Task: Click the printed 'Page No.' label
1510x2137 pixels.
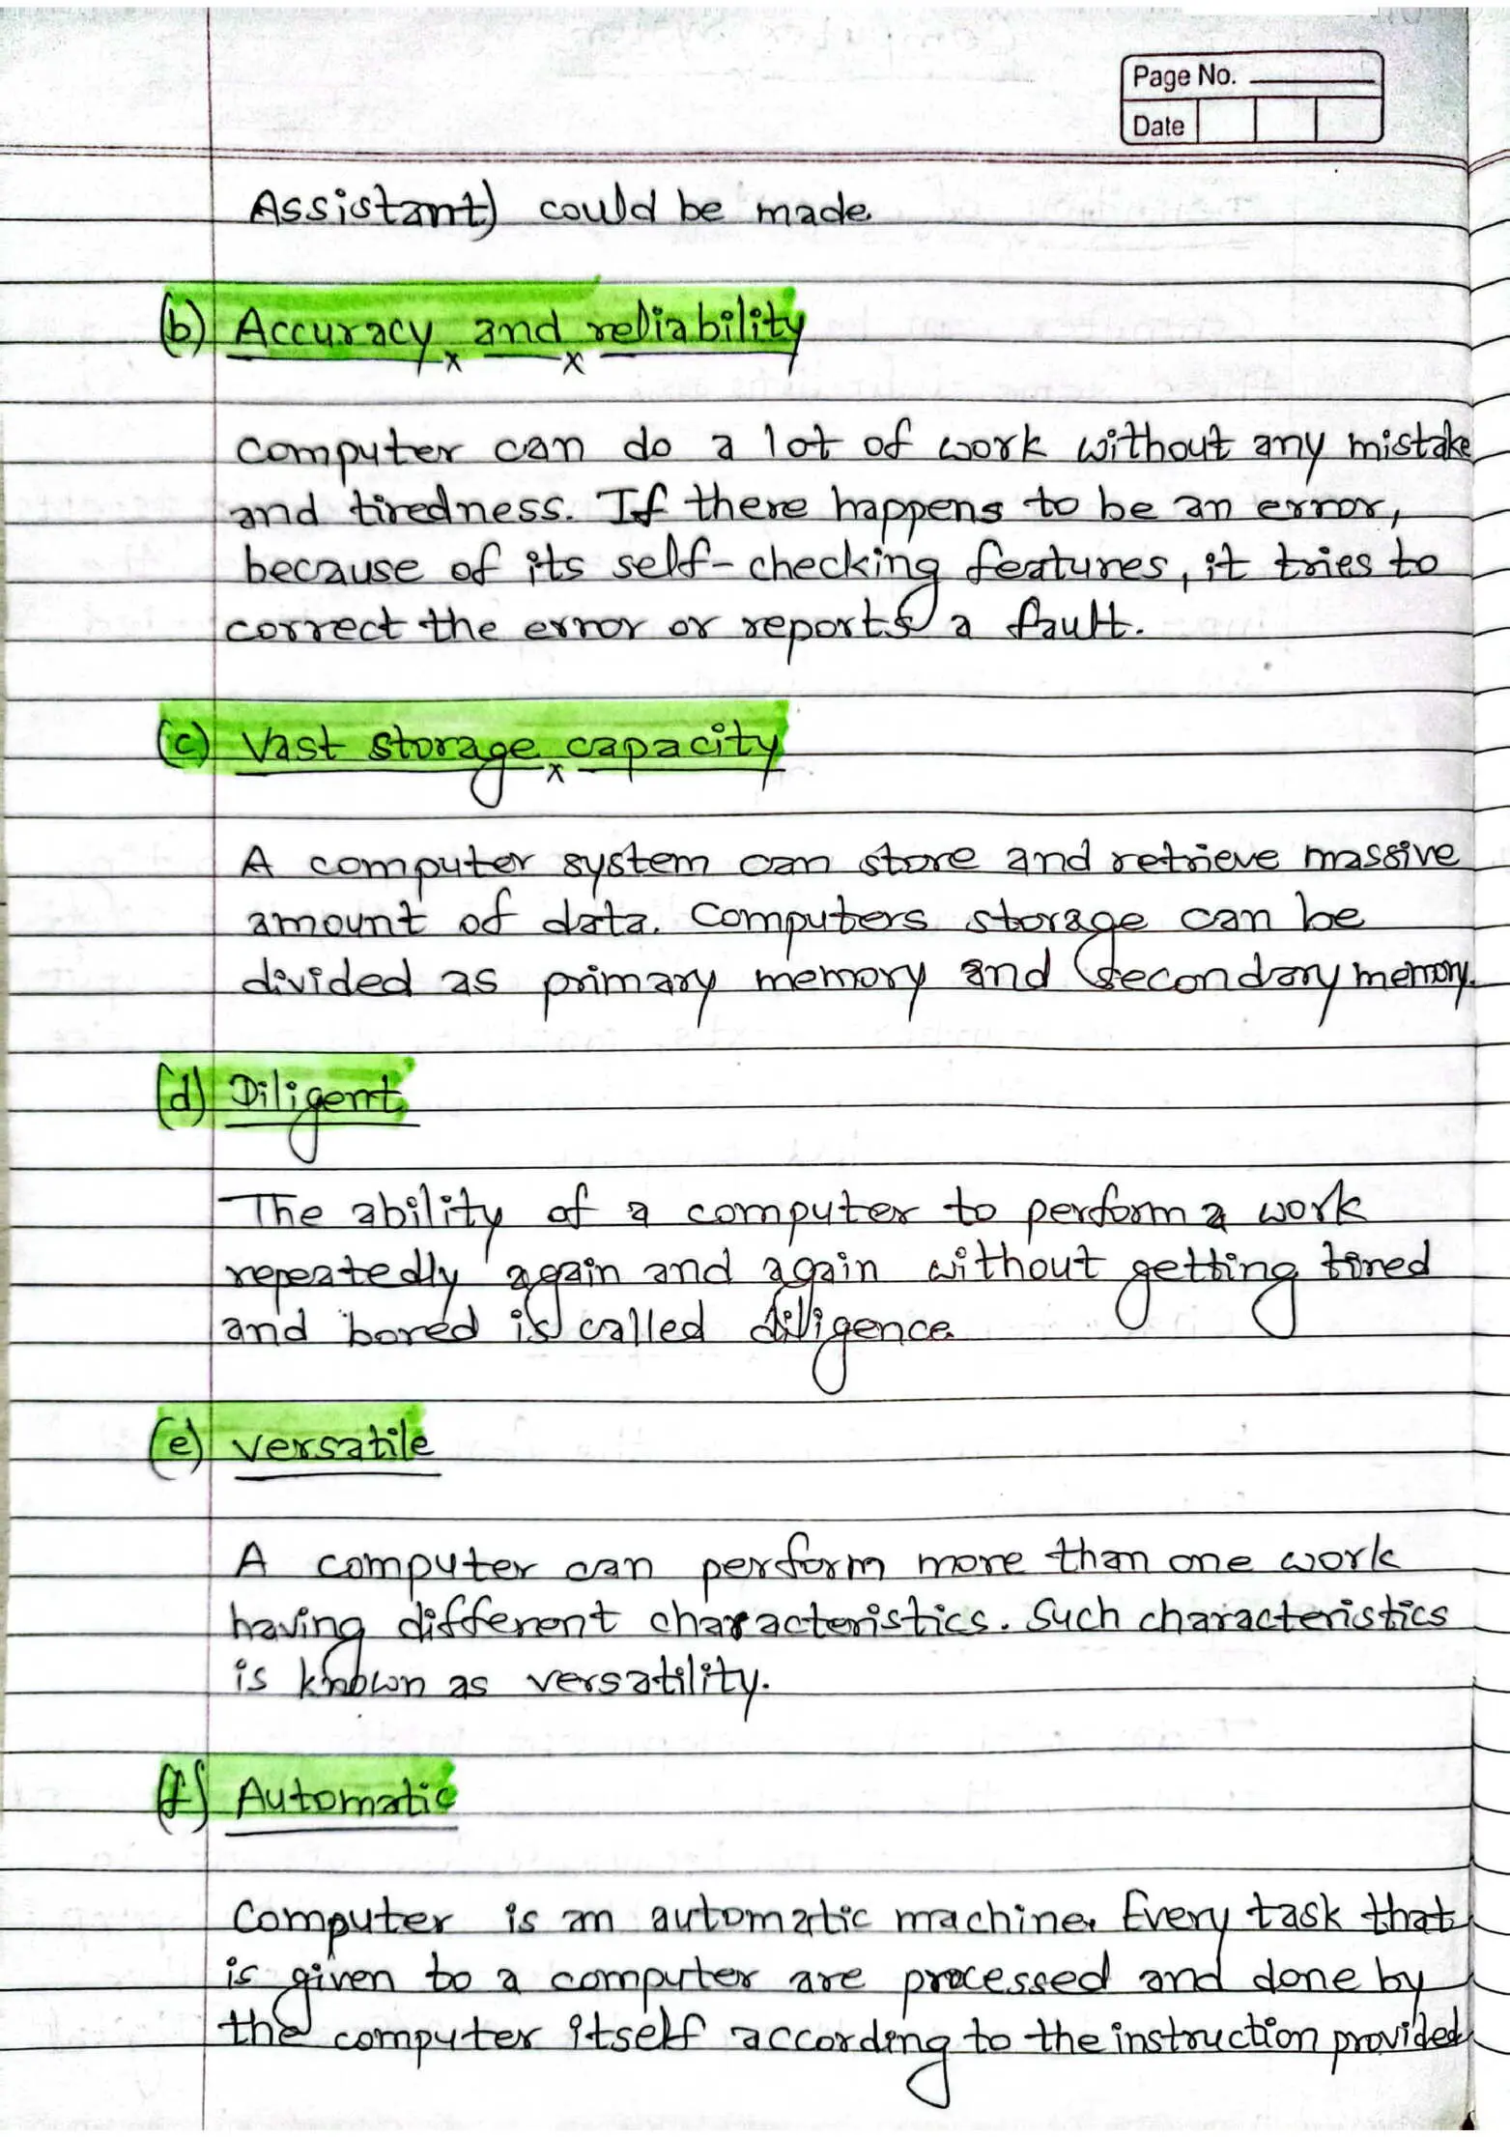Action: pos(1183,76)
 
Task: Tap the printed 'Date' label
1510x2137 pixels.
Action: pos(1158,127)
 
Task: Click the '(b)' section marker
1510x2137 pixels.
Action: pos(182,328)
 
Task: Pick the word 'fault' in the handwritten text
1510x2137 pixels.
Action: pos(1066,626)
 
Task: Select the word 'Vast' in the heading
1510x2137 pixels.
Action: pos(291,746)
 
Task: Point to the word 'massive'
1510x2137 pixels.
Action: pos(1381,856)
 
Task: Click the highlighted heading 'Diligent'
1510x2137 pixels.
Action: pos(314,1100)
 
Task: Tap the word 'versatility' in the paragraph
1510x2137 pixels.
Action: pos(646,1684)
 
